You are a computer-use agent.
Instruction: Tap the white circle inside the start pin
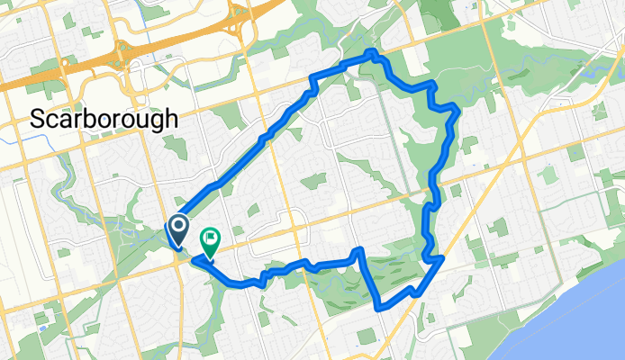click(178, 226)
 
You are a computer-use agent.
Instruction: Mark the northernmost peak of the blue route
click(372, 54)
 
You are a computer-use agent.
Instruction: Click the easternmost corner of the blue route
click(458, 112)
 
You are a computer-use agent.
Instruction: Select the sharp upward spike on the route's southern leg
click(360, 249)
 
